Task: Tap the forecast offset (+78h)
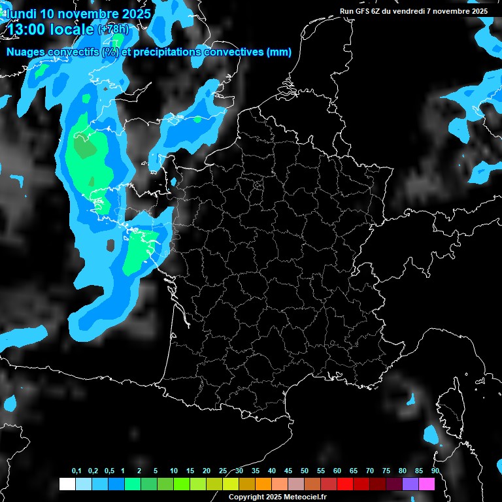[114, 29]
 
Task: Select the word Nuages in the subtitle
[25, 52]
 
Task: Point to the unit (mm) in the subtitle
[279, 52]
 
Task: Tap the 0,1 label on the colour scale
[76, 471]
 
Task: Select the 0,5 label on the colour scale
[109, 471]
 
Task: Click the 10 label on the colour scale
[173, 471]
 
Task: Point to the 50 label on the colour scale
[305, 471]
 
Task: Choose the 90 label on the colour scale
[435, 471]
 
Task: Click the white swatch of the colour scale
[67, 484]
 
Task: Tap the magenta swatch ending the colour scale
[427, 484]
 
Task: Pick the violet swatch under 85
[410, 484]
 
